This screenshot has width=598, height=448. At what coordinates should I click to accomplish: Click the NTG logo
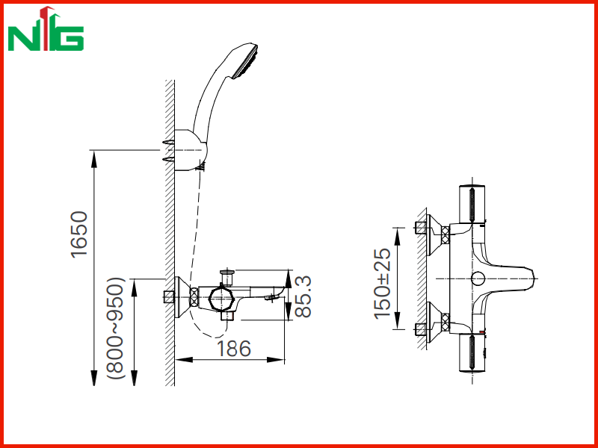click(x=46, y=28)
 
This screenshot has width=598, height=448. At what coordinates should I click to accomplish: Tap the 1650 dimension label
click(x=79, y=234)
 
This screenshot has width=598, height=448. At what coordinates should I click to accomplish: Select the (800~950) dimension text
click(x=116, y=328)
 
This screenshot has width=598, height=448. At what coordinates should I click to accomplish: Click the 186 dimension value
click(x=234, y=349)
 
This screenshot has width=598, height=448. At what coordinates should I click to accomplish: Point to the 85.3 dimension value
click(x=303, y=296)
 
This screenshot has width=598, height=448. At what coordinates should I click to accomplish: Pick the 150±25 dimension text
click(x=383, y=284)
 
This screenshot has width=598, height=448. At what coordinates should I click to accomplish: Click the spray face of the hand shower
click(x=245, y=61)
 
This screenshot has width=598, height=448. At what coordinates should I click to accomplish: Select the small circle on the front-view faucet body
click(x=478, y=279)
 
